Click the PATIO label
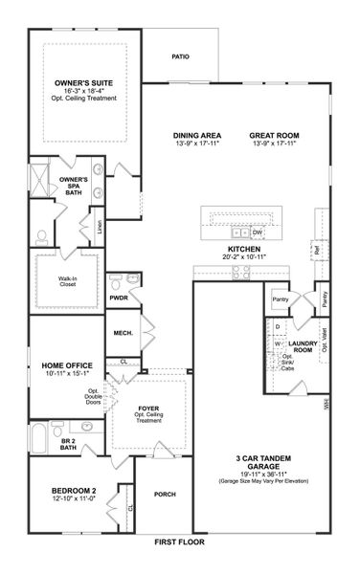coord(180,56)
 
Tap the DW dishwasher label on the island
coord(259,232)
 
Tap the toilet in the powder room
coord(115,280)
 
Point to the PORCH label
coord(165,494)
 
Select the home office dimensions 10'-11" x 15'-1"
coord(66,375)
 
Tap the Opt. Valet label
coord(326,340)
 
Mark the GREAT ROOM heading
coord(275,135)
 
